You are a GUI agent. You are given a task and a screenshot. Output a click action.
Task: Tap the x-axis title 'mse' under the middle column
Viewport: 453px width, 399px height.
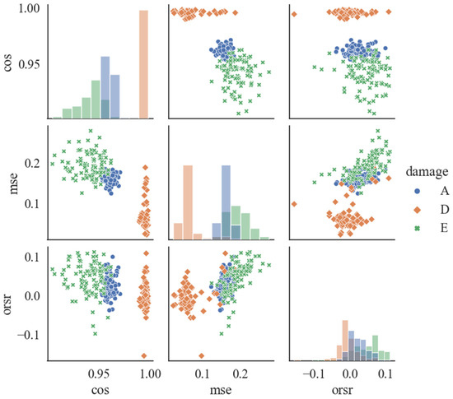[220, 389]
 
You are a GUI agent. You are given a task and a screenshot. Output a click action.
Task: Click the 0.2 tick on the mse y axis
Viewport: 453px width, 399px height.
[33, 163]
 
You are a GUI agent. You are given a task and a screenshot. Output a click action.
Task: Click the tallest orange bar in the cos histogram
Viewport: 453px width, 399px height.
[143, 65]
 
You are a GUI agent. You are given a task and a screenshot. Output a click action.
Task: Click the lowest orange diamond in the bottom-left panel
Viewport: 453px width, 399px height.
[144, 355]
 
